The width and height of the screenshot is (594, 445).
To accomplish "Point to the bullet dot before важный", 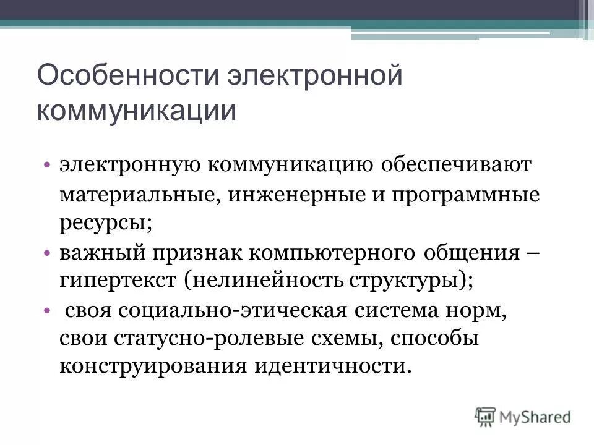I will coord(48,253).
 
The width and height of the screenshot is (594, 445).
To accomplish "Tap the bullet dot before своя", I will coord(48,309).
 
